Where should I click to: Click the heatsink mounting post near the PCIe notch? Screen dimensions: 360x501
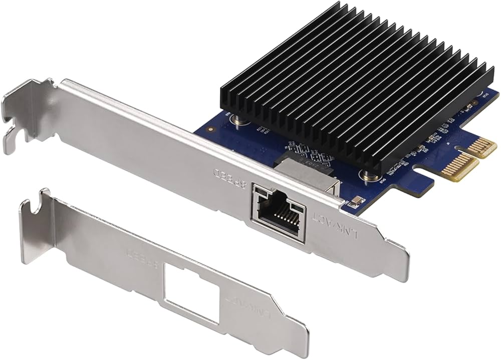click(x=369, y=175)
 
